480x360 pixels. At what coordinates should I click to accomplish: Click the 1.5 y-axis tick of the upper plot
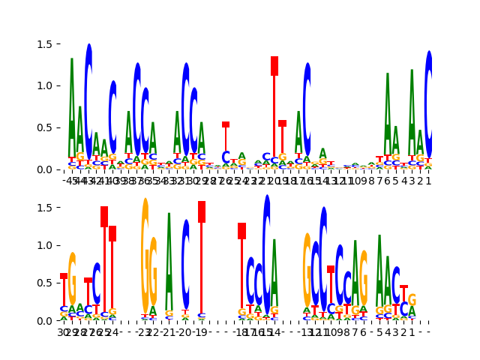click(60, 43)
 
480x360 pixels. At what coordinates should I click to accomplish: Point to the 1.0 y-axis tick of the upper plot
click(60, 85)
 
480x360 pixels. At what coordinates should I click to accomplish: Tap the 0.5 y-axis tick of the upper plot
click(60, 127)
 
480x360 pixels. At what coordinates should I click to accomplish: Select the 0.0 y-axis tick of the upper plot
click(60, 169)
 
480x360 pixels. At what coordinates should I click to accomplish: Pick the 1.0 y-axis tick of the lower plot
click(60, 245)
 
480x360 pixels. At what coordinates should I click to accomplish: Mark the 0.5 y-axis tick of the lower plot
click(60, 283)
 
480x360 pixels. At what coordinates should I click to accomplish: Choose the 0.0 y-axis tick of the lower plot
click(60, 321)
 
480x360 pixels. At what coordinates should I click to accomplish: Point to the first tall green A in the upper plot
click(72, 105)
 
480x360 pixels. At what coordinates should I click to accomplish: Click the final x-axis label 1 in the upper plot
click(428, 181)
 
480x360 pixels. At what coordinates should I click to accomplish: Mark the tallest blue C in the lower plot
click(266, 255)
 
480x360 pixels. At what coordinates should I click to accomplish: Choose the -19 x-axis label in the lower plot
click(201, 331)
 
